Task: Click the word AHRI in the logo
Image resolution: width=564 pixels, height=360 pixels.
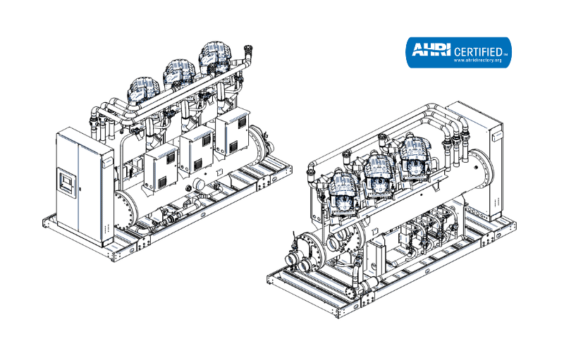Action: [x=431, y=49]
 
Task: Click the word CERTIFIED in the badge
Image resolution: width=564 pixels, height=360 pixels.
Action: [x=478, y=51]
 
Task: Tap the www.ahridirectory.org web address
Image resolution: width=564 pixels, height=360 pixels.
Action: [x=477, y=61]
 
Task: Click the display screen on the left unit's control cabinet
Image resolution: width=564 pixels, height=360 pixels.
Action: [x=67, y=183]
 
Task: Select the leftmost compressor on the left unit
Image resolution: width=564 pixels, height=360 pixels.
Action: [x=144, y=89]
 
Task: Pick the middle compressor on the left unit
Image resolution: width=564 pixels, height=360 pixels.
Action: [x=180, y=74]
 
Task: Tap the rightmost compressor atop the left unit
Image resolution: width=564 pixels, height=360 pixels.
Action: [x=216, y=57]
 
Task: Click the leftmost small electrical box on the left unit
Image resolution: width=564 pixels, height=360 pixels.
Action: [x=161, y=170]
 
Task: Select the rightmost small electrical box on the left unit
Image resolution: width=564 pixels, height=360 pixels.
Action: [x=233, y=132]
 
